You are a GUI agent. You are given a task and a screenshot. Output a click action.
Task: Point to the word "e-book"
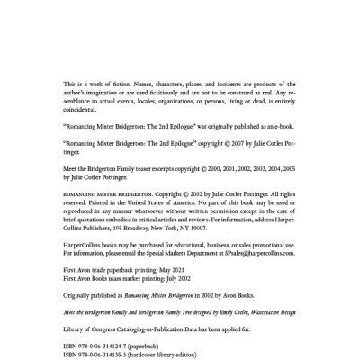[273, 142]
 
